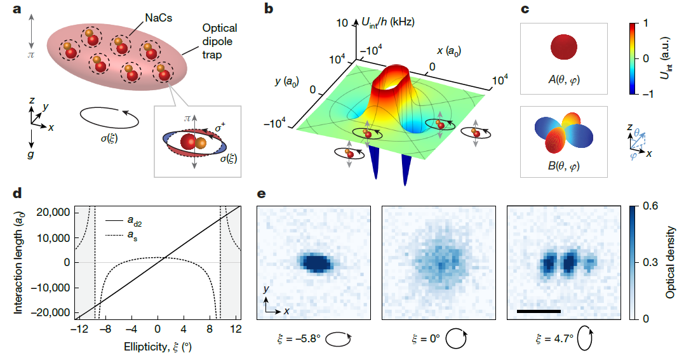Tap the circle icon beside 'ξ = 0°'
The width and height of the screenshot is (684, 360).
tap(455, 339)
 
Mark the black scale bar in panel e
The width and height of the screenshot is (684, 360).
tap(539, 311)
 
